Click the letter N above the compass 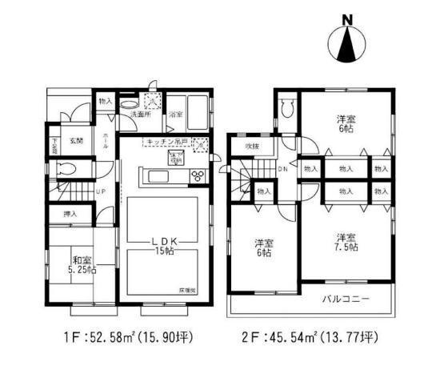click(x=346, y=19)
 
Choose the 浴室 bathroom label click(x=174, y=115)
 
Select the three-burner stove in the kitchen click(x=198, y=176)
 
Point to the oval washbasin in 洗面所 click(x=128, y=103)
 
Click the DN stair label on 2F click(x=282, y=169)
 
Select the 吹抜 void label click(x=252, y=147)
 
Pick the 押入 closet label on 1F click(x=70, y=215)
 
